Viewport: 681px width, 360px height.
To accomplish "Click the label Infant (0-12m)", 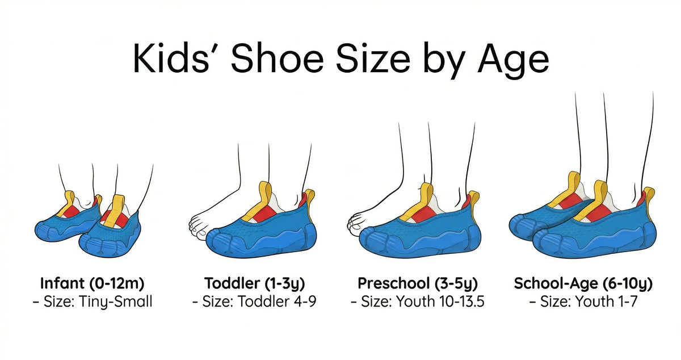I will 93,283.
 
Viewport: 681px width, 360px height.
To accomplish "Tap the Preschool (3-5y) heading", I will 418,283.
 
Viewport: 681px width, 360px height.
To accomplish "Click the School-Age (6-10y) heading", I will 583,283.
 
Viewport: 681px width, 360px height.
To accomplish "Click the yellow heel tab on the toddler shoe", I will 310,199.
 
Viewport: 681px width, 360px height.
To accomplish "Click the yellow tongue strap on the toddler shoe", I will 263,196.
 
